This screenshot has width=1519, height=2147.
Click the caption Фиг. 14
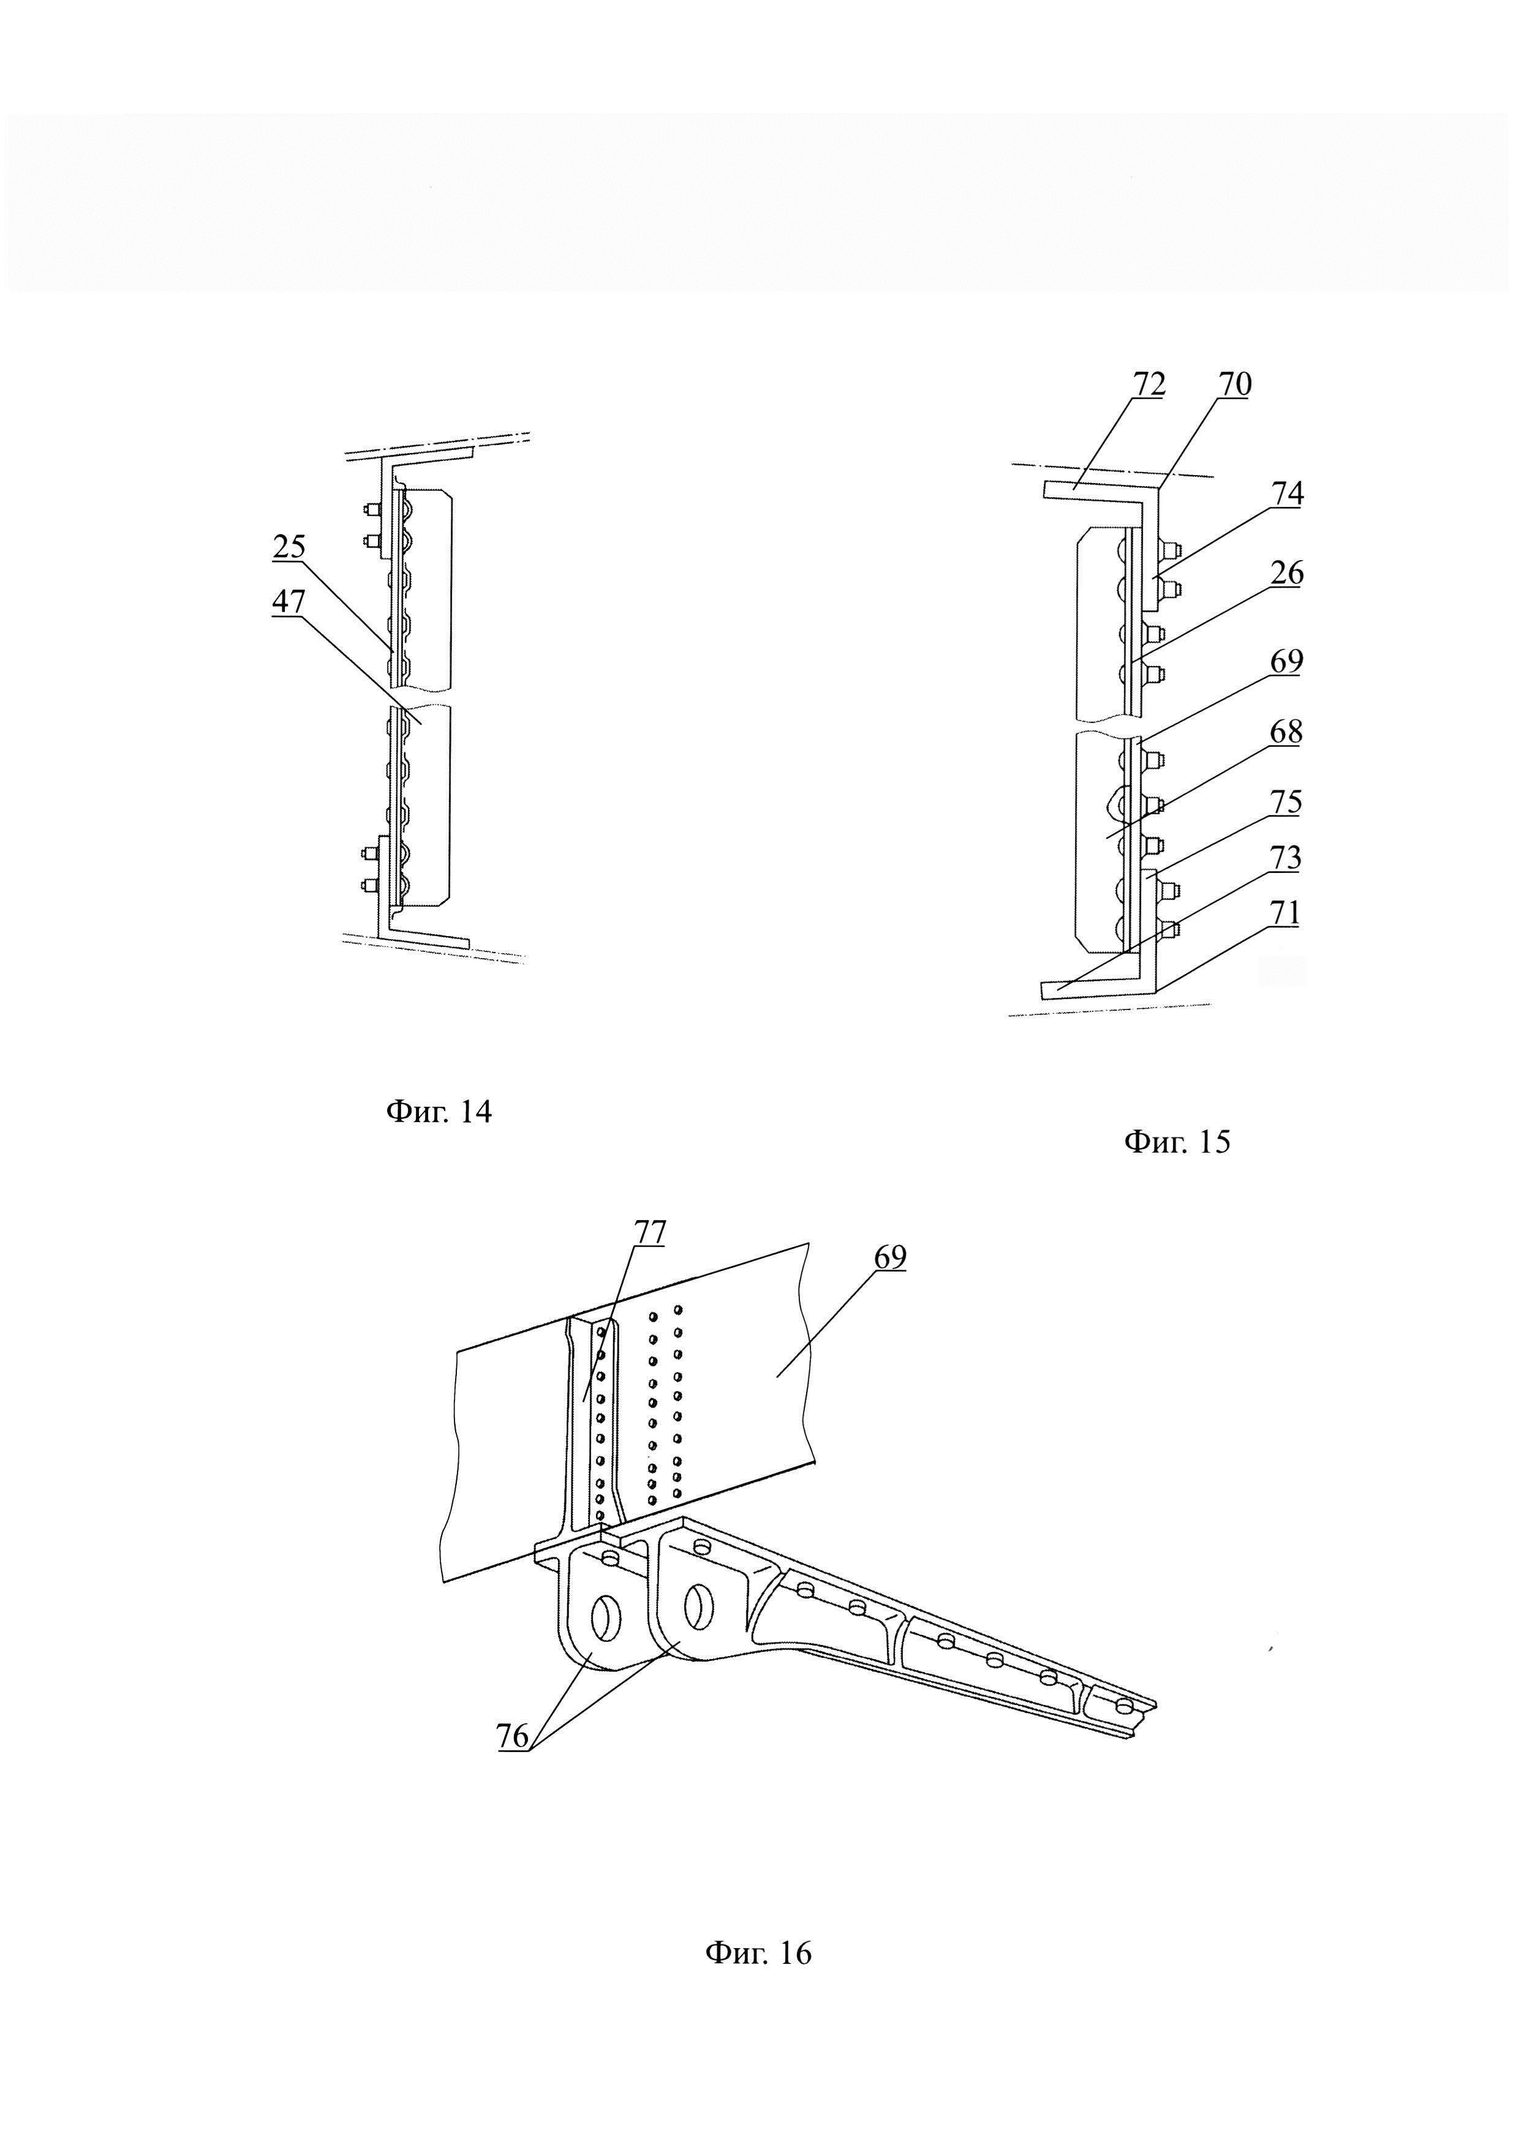439,1111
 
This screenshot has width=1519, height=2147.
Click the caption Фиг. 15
1177,1141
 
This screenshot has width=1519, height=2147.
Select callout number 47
289,601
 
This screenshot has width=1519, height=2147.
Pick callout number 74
1287,493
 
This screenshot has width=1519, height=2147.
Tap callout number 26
1287,572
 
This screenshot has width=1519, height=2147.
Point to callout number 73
1287,858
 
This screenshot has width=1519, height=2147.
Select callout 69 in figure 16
891,1257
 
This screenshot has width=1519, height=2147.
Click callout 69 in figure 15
1287,661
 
